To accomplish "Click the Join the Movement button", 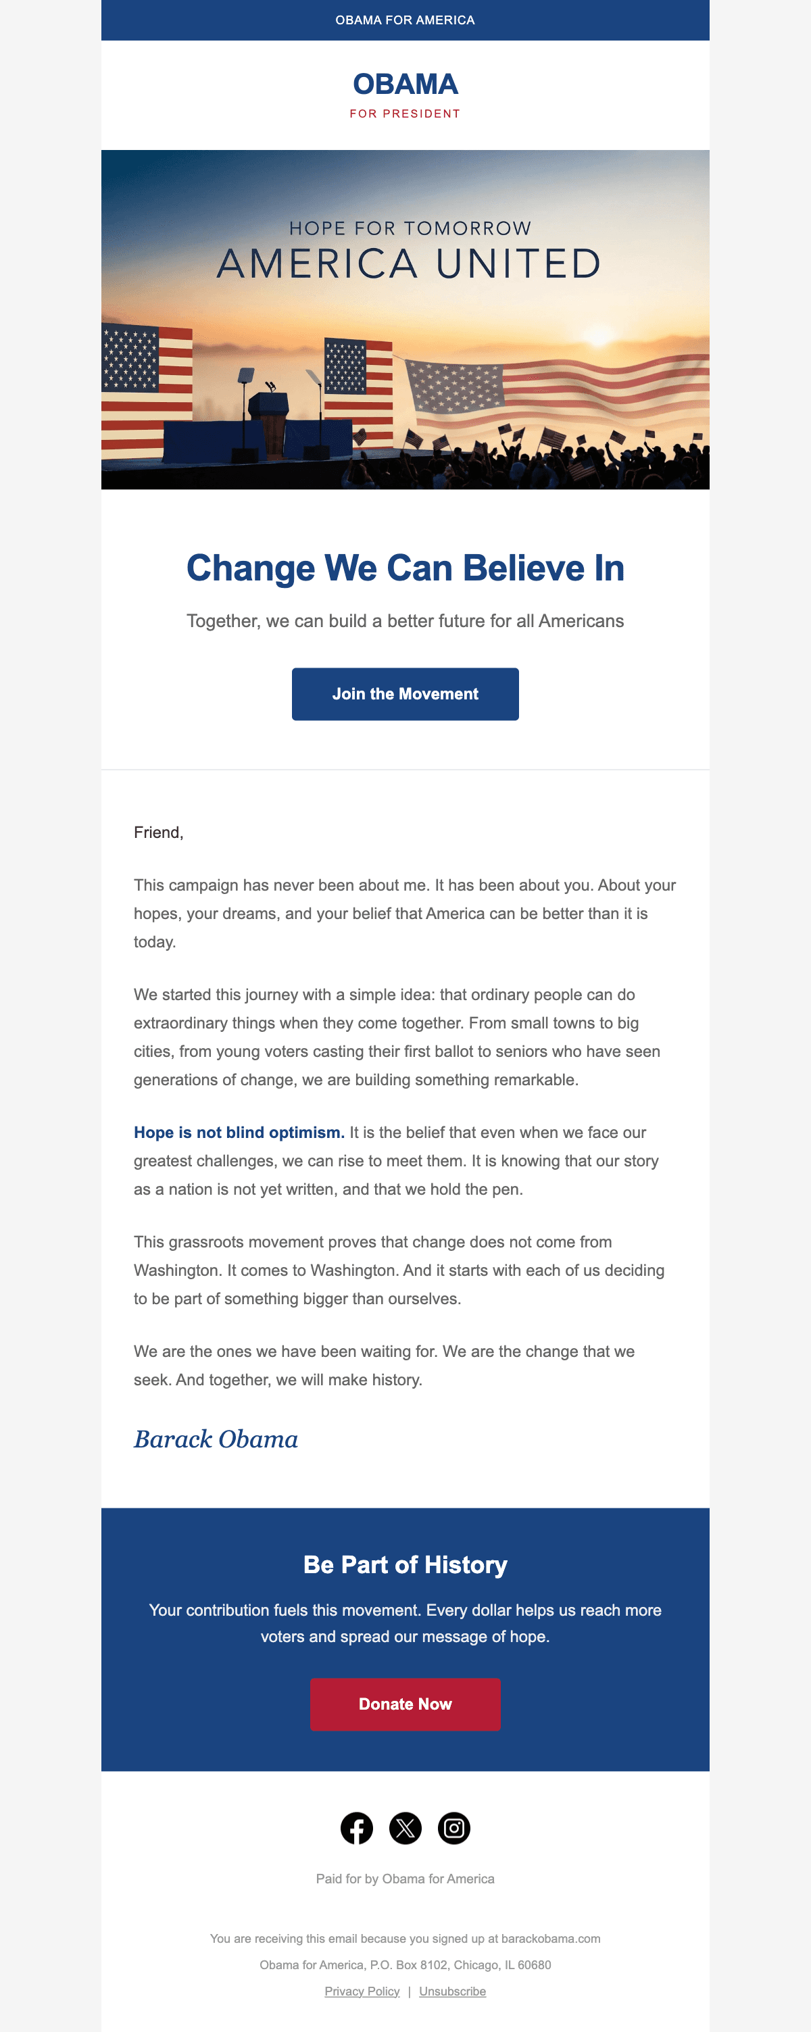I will [x=405, y=693].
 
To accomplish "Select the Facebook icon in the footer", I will [x=357, y=1828].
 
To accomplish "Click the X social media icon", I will [x=405, y=1828].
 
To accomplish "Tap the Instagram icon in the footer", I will [x=453, y=1828].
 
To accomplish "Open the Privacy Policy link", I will [x=362, y=1991].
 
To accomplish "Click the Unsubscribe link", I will [x=452, y=1991].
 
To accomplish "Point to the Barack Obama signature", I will [x=216, y=1439].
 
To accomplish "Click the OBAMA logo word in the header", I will [x=405, y=84].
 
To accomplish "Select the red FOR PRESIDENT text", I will [x=405, y=114].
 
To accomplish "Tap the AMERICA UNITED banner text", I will [x=409, y=264].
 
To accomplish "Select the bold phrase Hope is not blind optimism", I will [x=239, y=1132].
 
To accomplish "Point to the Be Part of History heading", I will [x=405, y=1564].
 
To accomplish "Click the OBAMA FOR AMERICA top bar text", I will [x=405, y=20].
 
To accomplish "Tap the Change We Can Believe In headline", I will [x=405, y=568].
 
